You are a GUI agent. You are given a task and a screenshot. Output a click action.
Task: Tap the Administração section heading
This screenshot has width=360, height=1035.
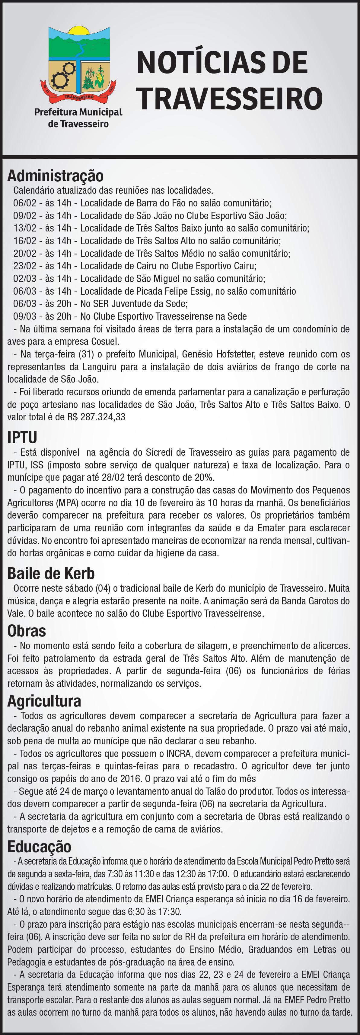56,176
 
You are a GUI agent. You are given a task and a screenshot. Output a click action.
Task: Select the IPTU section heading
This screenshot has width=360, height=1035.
22,437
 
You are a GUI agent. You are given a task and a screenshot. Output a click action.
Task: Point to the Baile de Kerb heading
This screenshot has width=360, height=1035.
51,573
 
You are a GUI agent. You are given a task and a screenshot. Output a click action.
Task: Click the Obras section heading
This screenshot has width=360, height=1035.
27,631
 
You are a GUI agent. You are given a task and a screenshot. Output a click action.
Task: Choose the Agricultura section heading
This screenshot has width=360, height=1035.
44,701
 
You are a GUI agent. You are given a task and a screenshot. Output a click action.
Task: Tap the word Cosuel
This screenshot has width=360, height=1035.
106,342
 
